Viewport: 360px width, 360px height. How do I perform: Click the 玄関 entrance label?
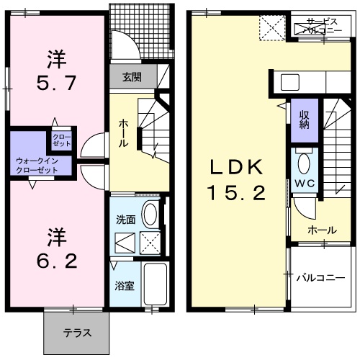click(x=131, y=76)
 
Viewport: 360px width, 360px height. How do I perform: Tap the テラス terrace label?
click(x=76, y=333)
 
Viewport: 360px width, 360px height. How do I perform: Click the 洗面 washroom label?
click(x=126, y=220)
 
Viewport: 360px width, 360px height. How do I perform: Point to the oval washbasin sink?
click(x=150, y=215)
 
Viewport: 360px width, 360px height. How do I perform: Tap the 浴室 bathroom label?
click(x=124, y=286)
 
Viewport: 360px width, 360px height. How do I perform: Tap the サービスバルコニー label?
click(x=317, y=27)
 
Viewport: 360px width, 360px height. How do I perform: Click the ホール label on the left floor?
click(x=123, y=132)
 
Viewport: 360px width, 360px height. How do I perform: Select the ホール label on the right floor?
click(x=321, y=230)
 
